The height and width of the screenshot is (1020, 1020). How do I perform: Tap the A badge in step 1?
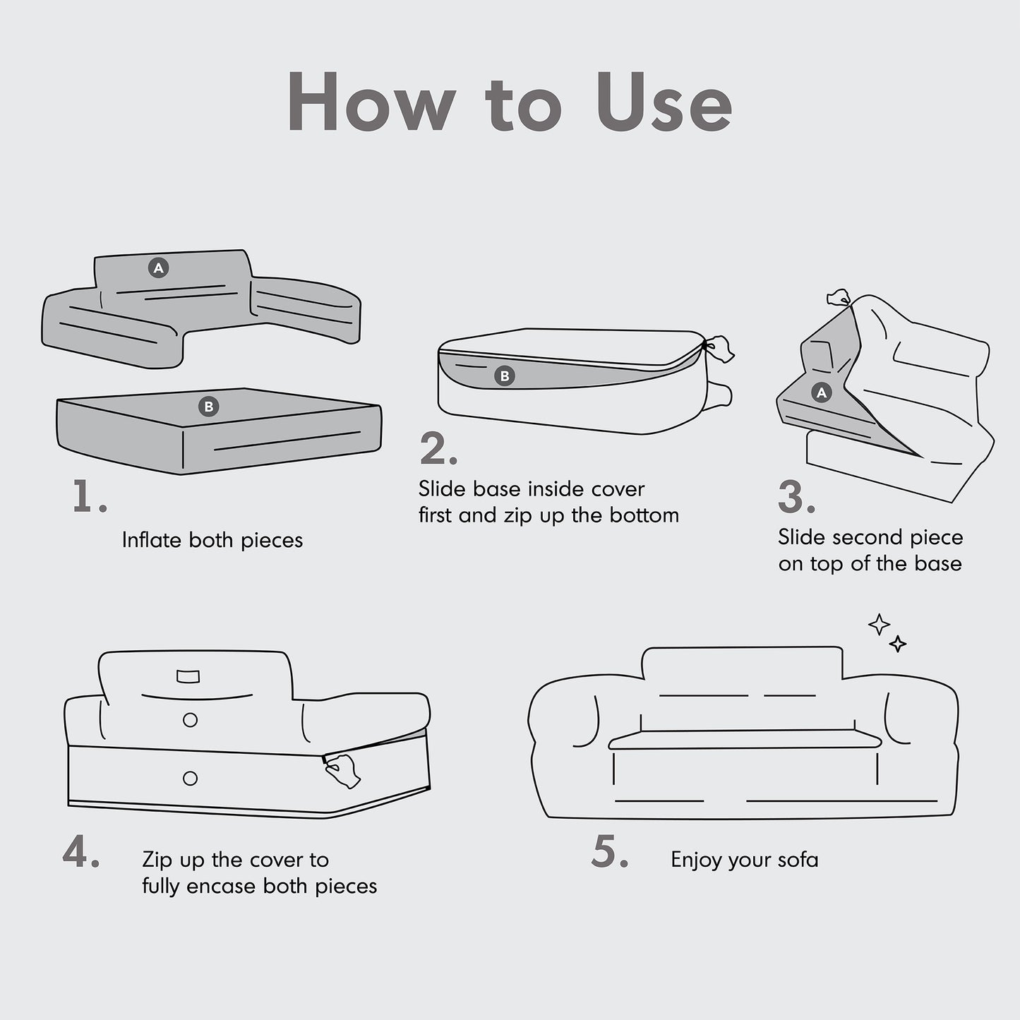pyautogui.click(x=158, y=268)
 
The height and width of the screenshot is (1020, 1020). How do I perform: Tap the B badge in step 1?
pyautogui.click(x=208, y=407)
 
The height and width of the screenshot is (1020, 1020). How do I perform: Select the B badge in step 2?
pyautogui.click(x=505, y=376)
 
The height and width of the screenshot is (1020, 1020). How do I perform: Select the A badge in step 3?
pyautogui.click(x=821, y=392)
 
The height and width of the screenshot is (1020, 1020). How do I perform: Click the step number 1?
pyautogui.click(x=90, y=496)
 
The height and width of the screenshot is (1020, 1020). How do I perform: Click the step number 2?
pyautogui.click(x=438, y=449)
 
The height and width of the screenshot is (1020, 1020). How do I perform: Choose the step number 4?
pyautogui.click(x=80, y=851)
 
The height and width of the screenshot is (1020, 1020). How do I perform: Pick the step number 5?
pyautogui.click(x=610, y=851)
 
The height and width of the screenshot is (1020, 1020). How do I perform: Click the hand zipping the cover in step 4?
pyautogui.click(x=342, y=770)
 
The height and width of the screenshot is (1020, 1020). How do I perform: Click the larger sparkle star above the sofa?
pyautogui.click(x=880, y=625)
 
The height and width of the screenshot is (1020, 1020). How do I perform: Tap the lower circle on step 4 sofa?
pyautogui.click(x=190, y=778)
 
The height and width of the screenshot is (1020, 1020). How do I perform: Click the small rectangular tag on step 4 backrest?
pyautogui.click(x=188, y=676)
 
